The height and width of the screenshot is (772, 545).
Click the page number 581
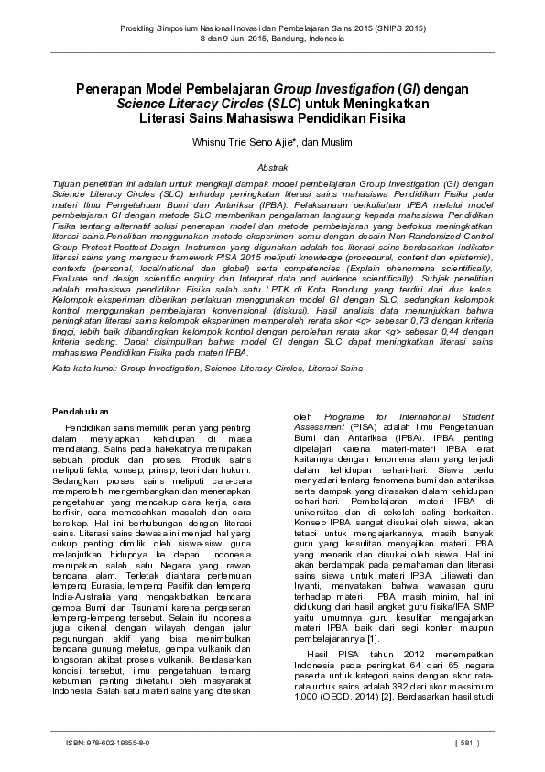pyautogui.click(x=466, y=743)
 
